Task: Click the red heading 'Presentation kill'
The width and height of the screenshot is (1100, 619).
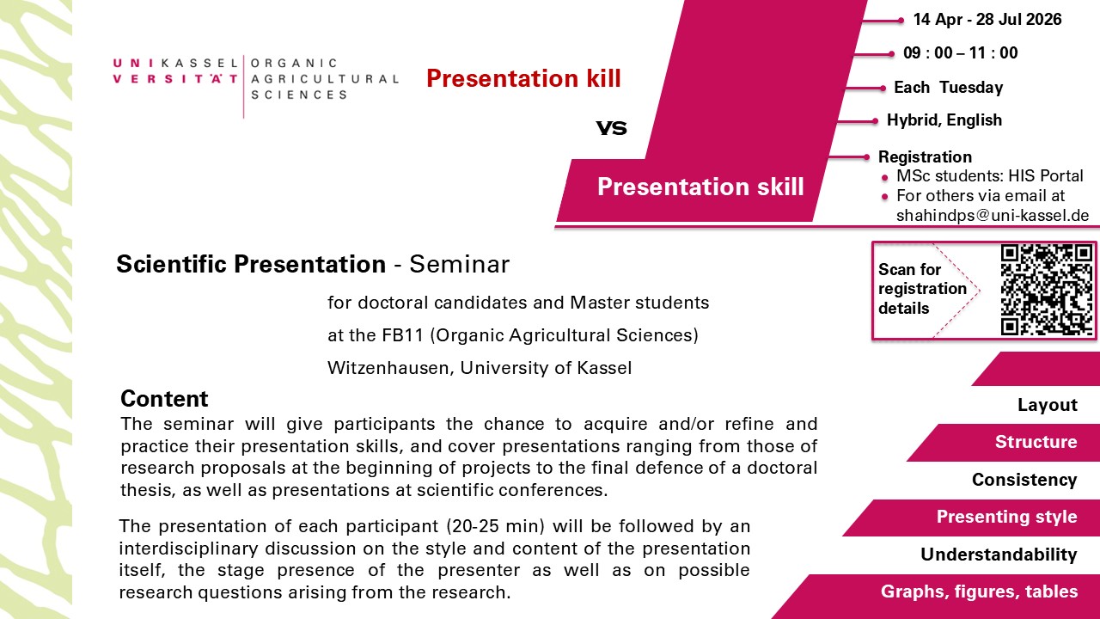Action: tap(523, 78)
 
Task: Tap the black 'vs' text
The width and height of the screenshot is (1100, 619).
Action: tap(611, 128)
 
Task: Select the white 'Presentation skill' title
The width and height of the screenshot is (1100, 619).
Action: tap(700, 187)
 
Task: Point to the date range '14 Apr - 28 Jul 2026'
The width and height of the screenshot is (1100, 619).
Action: tap(987, 20)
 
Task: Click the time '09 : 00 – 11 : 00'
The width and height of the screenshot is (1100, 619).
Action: tap(961, 53)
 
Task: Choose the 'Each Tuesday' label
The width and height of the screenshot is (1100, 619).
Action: tap(948, 88)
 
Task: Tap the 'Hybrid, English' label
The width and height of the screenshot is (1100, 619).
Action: tap(944, 120)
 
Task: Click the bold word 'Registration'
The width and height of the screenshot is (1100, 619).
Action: tap(925, 156)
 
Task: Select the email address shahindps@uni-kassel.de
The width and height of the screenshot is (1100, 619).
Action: tap(993, 216)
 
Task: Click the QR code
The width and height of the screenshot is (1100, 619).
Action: tap(1047, 290)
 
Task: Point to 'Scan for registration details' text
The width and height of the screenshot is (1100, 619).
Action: tap(922, 289)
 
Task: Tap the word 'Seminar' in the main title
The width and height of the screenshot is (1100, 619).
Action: tap(460, 264)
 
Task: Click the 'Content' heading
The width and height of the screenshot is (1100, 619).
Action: tap(164, 398)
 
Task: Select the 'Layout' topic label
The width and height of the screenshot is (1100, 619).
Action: tap(1048, 405)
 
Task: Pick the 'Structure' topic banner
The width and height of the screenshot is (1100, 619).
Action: tap(1036, 442)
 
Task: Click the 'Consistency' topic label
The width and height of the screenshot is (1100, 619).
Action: tap(1024, 480)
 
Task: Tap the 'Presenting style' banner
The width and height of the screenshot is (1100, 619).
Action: tap(1006, 517)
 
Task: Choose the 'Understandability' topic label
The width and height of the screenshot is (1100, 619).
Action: tap(999, 555)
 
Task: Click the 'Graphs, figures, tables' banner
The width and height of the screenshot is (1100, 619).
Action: tap(979, 591)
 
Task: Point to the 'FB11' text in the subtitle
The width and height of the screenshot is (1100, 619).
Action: tap(403, 335)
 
